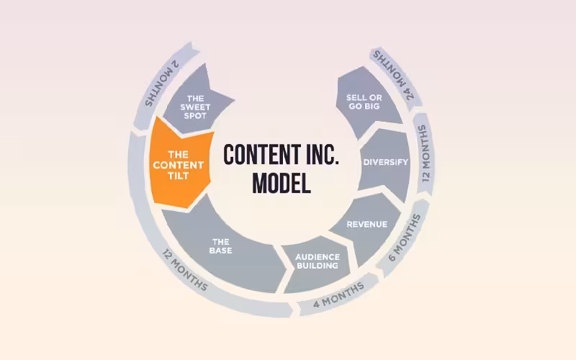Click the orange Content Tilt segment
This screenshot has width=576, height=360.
pyautogui.click(x=177, y=164)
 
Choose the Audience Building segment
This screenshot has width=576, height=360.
pyautogui.click(x=316, y=261)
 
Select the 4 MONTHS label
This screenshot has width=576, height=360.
pyautogui.click(x=338, y=294)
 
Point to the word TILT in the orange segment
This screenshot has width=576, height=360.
pyautogui.click(x=178, y=175)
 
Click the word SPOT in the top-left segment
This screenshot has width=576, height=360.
pyautogui.click(x=196, y=115)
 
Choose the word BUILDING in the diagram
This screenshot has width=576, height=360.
pyautogui.click(x=316, y=266)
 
